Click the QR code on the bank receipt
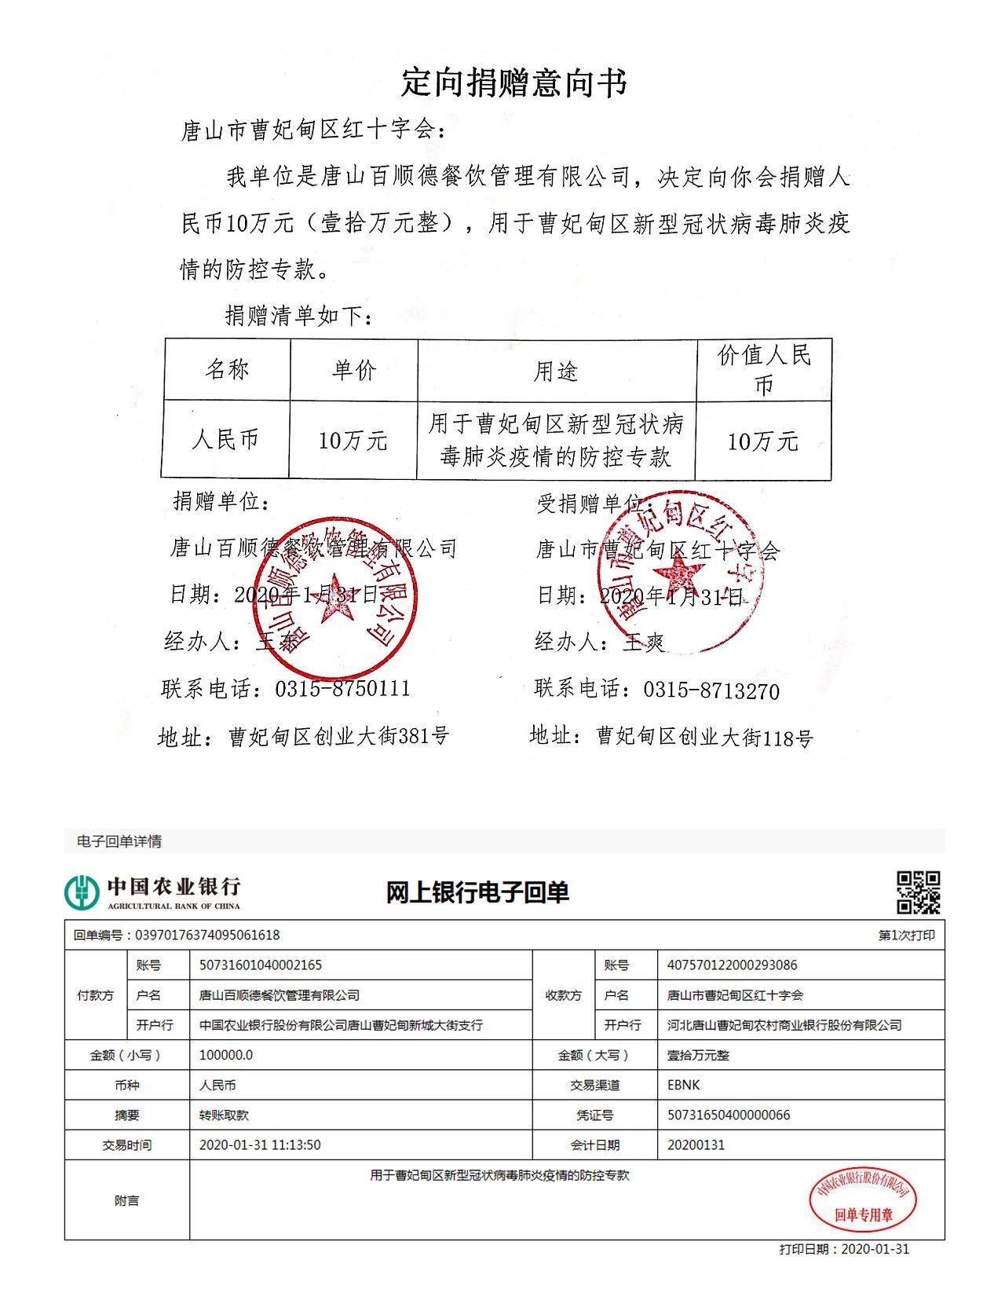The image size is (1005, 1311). tap(918, 892)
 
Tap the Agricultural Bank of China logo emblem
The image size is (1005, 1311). tap(82, 892)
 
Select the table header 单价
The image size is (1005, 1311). tap(354, 370)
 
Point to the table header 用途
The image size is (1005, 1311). tap(556, 371)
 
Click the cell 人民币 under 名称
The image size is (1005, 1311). tap(225, 439)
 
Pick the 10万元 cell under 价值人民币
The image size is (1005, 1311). tap(762, 441)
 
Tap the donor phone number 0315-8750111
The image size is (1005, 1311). tap(342, 689)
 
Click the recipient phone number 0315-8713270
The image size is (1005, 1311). tap(711, 690)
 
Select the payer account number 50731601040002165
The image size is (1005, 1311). tap(261, 965)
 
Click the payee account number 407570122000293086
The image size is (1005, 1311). tap(732, 965)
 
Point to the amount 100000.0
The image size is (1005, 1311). tap(226, 1055)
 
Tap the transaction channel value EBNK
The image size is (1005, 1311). tap(683, 1085)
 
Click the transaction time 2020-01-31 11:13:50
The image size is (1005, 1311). tap(260, 1144)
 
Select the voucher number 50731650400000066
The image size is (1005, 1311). tap(729, 1115)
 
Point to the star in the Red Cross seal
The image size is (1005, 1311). tap(677, 576)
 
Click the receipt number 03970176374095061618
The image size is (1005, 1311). tap(207, 935)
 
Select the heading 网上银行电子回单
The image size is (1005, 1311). tap(477, 892)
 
